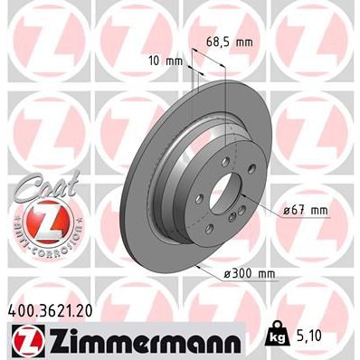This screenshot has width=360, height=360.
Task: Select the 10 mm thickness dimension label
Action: (x=163, y=61)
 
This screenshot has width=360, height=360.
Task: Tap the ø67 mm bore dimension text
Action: (x=302, y=211)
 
